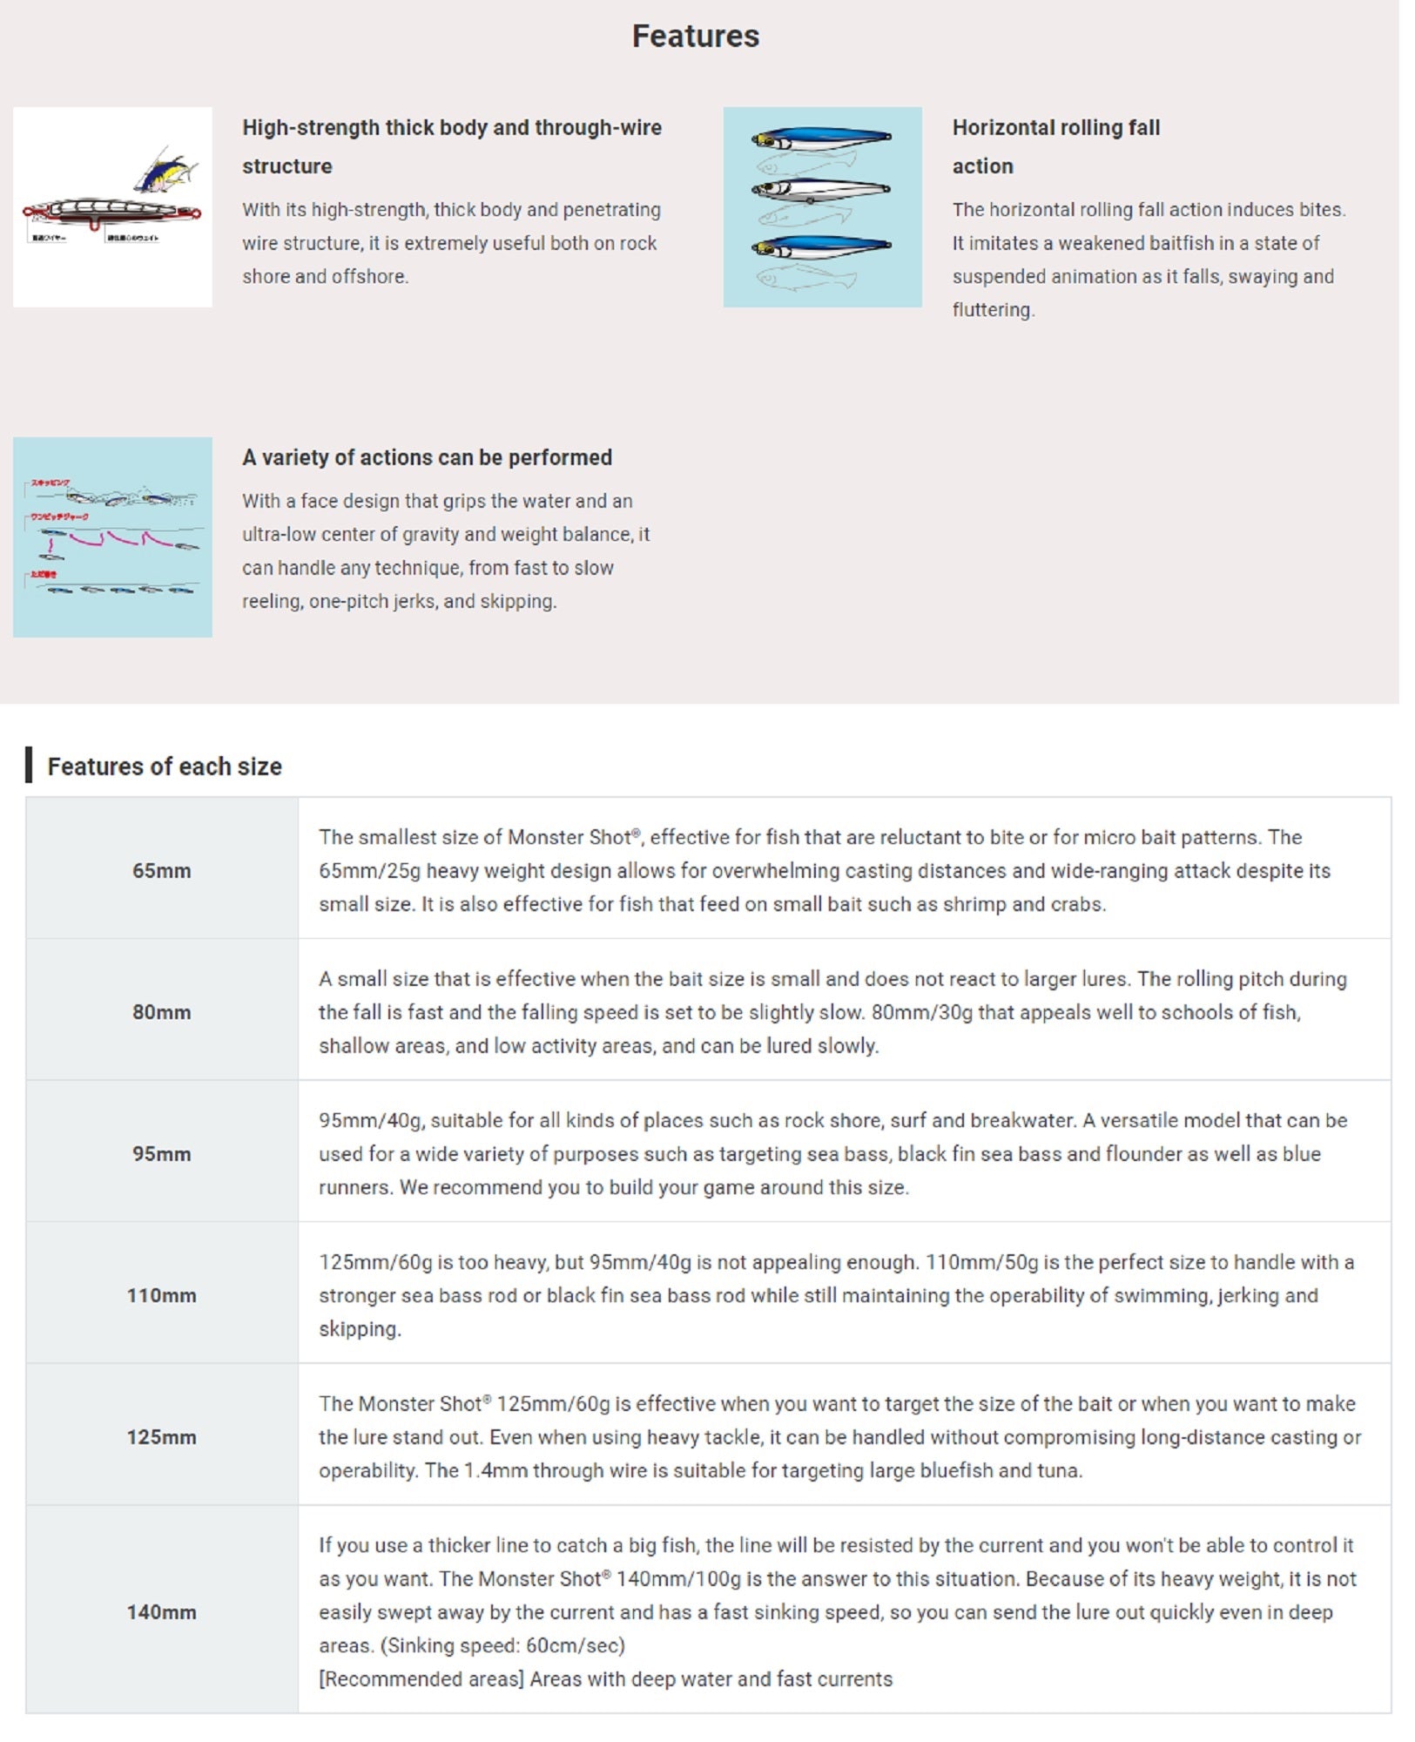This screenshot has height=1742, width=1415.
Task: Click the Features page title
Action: [x=695, y=37]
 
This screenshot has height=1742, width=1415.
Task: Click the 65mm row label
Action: [x=161, y=870]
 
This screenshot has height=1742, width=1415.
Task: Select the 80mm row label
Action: [x=161, y=1012]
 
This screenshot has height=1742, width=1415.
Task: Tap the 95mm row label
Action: [x=161, y=1153]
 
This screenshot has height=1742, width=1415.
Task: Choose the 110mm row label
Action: [x=161, y=1295]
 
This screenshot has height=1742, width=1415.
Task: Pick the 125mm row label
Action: [x=161, y=1436]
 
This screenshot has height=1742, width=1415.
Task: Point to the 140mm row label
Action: [x=161, y=1611]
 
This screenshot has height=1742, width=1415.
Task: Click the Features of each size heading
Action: [x=165, y=766]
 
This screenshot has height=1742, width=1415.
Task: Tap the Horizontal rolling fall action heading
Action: [x=1055, y=146]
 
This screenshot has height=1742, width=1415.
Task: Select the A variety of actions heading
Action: [x=427, y=457]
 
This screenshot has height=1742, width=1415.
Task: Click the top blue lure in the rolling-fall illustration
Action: [x=820, y=138]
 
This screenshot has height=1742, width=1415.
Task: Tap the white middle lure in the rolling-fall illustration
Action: [x=820, y=189]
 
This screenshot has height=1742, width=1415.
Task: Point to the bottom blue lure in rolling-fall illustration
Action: [x=820, y=247]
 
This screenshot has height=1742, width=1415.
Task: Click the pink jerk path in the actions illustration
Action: [x=109, y=539]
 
